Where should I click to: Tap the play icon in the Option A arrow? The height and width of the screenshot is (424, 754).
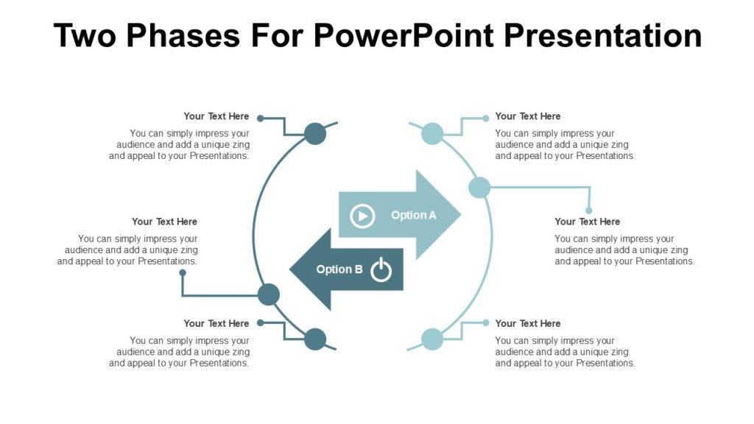(x=362, y=216)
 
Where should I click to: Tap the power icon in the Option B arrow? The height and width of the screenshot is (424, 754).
(x=381, y=270)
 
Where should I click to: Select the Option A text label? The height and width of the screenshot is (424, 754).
(x=413, y=215)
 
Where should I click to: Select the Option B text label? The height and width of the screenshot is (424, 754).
(x=339, y=269)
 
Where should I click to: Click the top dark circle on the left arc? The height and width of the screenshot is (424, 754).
(x=315, y=134)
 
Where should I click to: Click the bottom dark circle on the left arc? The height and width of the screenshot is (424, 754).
(x=315, y=339)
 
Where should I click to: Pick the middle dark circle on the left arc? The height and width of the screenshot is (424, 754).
(x=269, y=294)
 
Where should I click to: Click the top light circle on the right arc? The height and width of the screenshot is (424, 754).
(x=432, y=134)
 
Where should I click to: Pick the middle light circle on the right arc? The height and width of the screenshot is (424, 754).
(x=479, y=187)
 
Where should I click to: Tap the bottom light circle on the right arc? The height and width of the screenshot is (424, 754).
(x=432, y=339)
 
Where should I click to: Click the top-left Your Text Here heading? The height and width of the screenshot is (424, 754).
(x=216, y=116)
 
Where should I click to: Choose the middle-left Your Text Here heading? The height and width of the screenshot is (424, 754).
(x=164, y=222)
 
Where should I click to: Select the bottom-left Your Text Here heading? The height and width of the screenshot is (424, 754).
(x=216, y=323)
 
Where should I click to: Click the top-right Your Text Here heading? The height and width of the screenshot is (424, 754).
(x=527, y=116)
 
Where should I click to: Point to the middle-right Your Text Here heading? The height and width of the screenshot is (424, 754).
(x=587, y=222)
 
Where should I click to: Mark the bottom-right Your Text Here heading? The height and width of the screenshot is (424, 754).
(x=527, y=323)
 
